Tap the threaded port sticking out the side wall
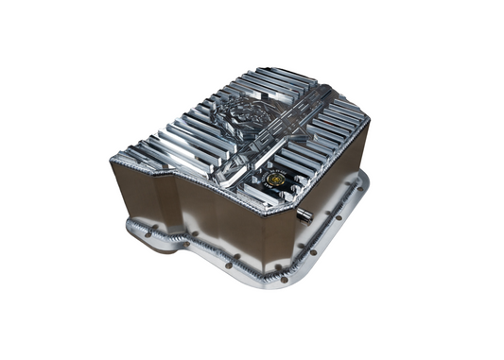point(305,216)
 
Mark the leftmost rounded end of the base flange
point(133,227)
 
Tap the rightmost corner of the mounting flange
point(364,180)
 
